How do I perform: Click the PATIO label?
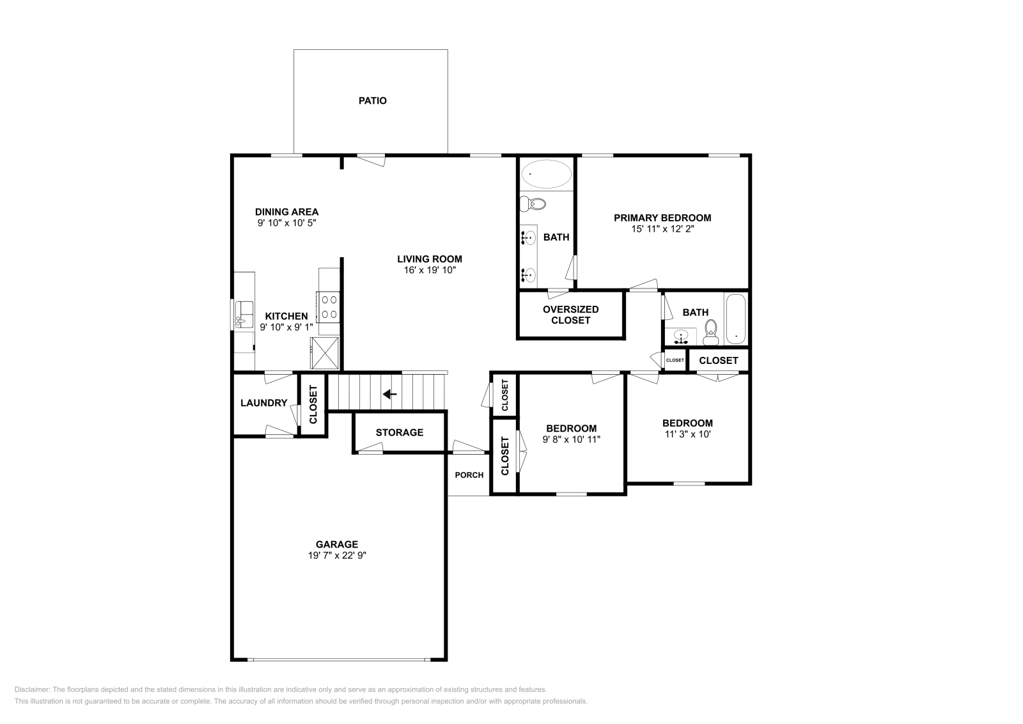click(372, 100)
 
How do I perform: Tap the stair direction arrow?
click(389, 394)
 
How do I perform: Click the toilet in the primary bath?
click(533, 205)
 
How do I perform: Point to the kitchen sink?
click(244, 314)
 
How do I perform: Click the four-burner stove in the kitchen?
click(329, 306)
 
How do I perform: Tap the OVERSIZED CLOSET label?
click(570, 315)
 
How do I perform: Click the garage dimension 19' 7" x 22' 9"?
click(336, 556)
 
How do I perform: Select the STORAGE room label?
click(399, 432)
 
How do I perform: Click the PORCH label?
click(469, 475)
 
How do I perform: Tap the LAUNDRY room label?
click(263, 403)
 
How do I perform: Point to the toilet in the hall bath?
click(710, 332)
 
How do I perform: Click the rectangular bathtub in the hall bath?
click(735, 319)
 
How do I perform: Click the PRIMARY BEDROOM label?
click(662, 217)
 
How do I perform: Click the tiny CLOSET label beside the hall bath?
click(675, 360)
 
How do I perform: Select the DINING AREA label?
click(286, 212)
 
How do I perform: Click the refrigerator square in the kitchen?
click(325, 352)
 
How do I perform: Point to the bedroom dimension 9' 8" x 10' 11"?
click(571, 439)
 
